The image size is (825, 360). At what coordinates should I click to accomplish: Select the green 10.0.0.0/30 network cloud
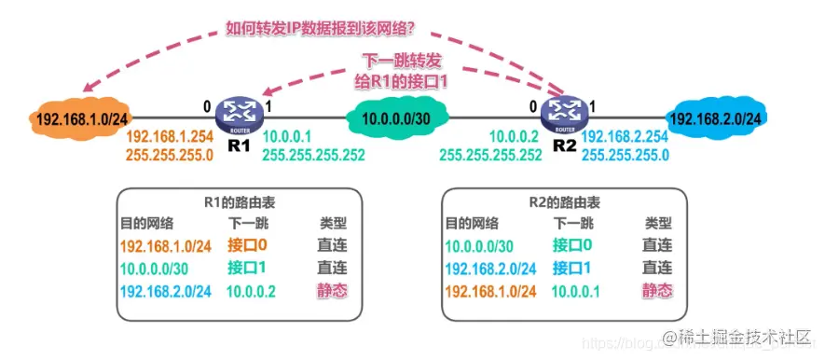click(x=395, y=120)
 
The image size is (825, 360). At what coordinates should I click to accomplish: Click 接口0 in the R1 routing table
click(x=247, y=245)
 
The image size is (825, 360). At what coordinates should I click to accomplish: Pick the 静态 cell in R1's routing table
click(x=333, y=290)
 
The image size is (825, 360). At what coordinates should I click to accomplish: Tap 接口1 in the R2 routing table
click(x=572, y=268)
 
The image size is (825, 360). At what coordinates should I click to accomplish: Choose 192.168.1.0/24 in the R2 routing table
click(x=489, y=290)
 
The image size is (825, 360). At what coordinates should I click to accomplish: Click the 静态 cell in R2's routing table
click(x=657, y=290)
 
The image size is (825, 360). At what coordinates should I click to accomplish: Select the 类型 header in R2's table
click(x=657, y=223)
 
